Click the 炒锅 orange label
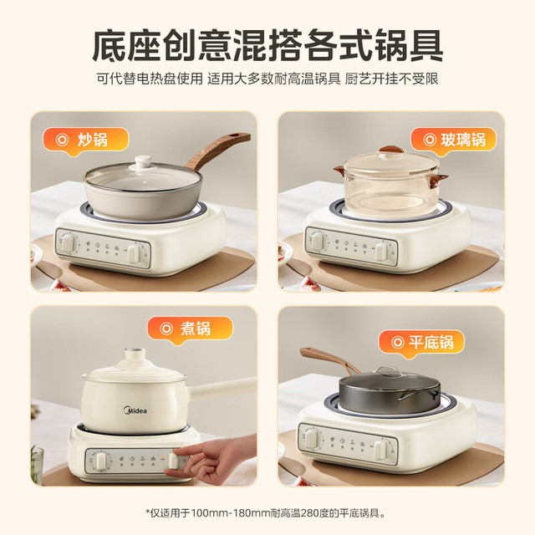(85, 140)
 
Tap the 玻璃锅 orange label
(453, 140)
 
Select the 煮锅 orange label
(190, 329)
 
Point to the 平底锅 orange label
(421, 342)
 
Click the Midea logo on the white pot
(135, 410)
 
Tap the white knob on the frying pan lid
(143, 161)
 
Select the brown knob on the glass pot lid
(392, 150)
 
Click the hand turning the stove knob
(211, 458)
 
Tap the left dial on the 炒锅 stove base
(69, 243)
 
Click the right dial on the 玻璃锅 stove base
(382, 251)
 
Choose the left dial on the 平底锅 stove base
(312, 439)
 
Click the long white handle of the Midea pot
(222, 388)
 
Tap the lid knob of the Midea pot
(135, 354)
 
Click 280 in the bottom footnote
(310, 512)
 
